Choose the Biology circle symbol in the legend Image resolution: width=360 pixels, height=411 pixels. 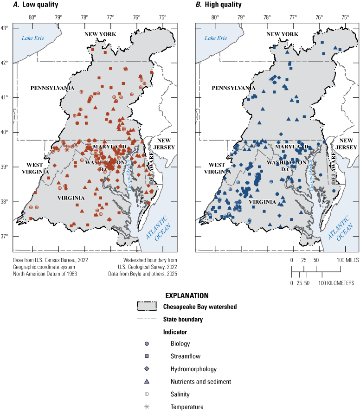(x=147, y=344)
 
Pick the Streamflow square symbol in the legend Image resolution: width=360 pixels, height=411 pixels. (x=147, y=357)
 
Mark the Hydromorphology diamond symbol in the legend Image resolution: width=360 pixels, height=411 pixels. (x=147, y=369)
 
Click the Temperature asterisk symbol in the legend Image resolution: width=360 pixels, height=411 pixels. (x=147, y=407)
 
